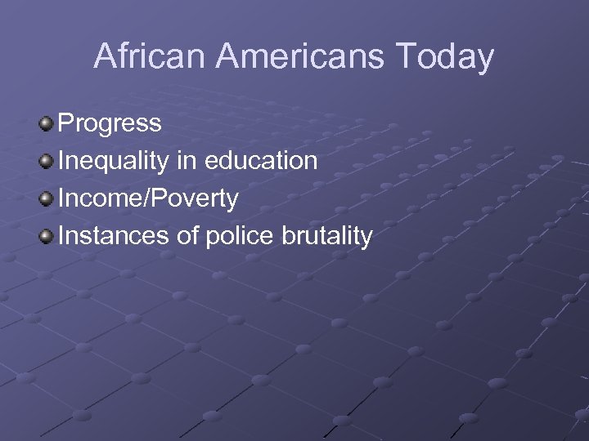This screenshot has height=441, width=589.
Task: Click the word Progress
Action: click(x=110, y=124)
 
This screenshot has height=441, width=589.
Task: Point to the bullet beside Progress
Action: click(x=47, y=123)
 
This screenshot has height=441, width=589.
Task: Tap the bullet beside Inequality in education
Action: click(x=47, y=161)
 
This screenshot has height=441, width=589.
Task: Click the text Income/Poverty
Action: click(x=148, y=198)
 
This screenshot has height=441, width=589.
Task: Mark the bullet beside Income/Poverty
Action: click(x=47, y=198)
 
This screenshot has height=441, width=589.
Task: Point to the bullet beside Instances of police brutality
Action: click(x=47, y=236)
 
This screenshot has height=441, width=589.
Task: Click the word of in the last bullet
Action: click(x=187, y=236)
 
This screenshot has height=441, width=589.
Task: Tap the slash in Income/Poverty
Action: click(x=146, y=198)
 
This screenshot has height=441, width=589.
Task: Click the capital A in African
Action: click(x=106, y=56)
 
